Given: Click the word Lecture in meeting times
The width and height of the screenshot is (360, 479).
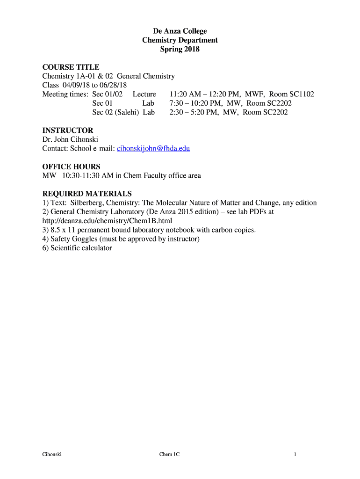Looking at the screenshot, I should (144, 94).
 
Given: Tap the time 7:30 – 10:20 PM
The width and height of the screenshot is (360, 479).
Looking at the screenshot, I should (196, 103).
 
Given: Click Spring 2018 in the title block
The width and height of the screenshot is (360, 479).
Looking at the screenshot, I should (180, 49).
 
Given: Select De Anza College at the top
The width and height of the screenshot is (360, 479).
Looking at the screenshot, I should (180, 31).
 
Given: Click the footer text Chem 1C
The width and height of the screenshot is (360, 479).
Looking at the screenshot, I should (169, 454).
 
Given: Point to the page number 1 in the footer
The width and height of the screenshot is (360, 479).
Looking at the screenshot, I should (295, 454).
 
